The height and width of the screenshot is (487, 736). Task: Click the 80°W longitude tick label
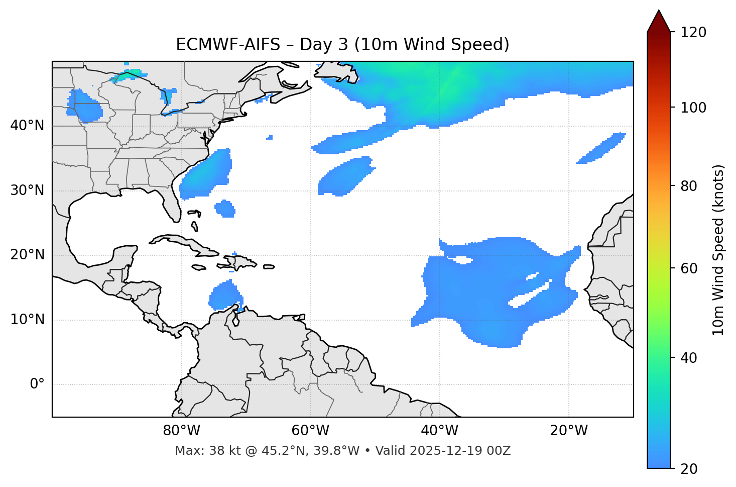tap(181, 431)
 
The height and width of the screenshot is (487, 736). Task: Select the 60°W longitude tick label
tap(310, 431)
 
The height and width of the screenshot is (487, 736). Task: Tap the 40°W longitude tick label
tap(439, 431)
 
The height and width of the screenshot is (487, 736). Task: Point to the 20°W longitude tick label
tap(569, 431)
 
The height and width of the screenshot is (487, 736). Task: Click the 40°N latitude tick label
tap(27, 126)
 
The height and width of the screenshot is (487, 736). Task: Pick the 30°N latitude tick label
tap(27, 190)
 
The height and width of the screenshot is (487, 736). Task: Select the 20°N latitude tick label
tap(27, 255)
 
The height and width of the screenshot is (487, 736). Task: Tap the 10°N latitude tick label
tap(27, 320)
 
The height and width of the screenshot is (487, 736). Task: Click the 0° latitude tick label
tap(37, 384)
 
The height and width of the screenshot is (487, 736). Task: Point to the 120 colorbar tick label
tap(693, 33)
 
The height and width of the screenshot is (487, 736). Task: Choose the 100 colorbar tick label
tap(693, 108)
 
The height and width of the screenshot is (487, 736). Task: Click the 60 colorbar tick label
tap(690, 268)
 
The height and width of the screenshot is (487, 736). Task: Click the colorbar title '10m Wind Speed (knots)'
tap(718, 250)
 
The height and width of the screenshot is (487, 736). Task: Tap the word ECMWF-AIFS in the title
tap(228, 45)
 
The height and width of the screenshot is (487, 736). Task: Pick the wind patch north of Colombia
tap(224, 296)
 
